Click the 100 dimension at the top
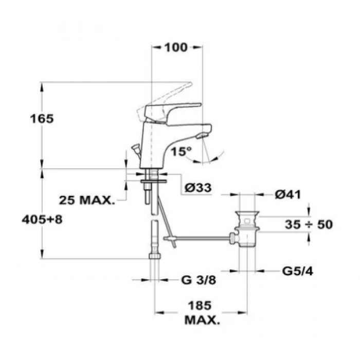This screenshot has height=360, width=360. (176, 47)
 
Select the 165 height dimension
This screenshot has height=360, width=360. (42, 119)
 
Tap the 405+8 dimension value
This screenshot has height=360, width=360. (42, 220)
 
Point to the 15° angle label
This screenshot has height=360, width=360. (181, 151)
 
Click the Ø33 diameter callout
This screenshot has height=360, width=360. (198, 188)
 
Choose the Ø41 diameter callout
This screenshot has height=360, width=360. (287, 195)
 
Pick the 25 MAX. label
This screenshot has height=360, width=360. (87, 200)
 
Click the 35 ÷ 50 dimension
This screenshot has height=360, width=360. (309, 224)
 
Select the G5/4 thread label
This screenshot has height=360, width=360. (298, 272)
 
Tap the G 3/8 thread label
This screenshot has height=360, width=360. (199, 280)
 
